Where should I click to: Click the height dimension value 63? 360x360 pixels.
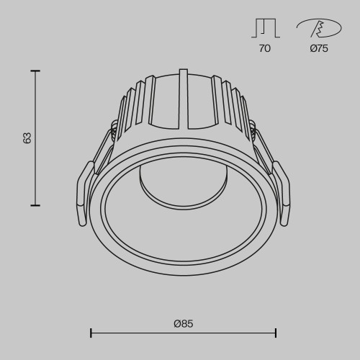pyautogui.click(x=27, y=138)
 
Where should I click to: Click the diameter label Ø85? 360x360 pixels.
pyautogui.click(x=184, y=323)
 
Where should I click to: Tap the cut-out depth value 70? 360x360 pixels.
pyautogui.click(x=265, y=49)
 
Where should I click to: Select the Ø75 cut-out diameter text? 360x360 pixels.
pyautogui.click(x=319, y=49)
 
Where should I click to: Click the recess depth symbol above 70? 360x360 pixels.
pyautogui.click(x=265, y=27)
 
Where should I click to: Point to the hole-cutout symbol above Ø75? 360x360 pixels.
pyautogui.click(x=318, y=27)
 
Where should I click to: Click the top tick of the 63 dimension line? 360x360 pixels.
pyautogui.click(x=35, y=71)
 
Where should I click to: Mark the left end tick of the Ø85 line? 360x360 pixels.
pyautogui.click(x=91, y=333)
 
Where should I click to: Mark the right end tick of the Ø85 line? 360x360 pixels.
pyautogui.click(x=276, y=333)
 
